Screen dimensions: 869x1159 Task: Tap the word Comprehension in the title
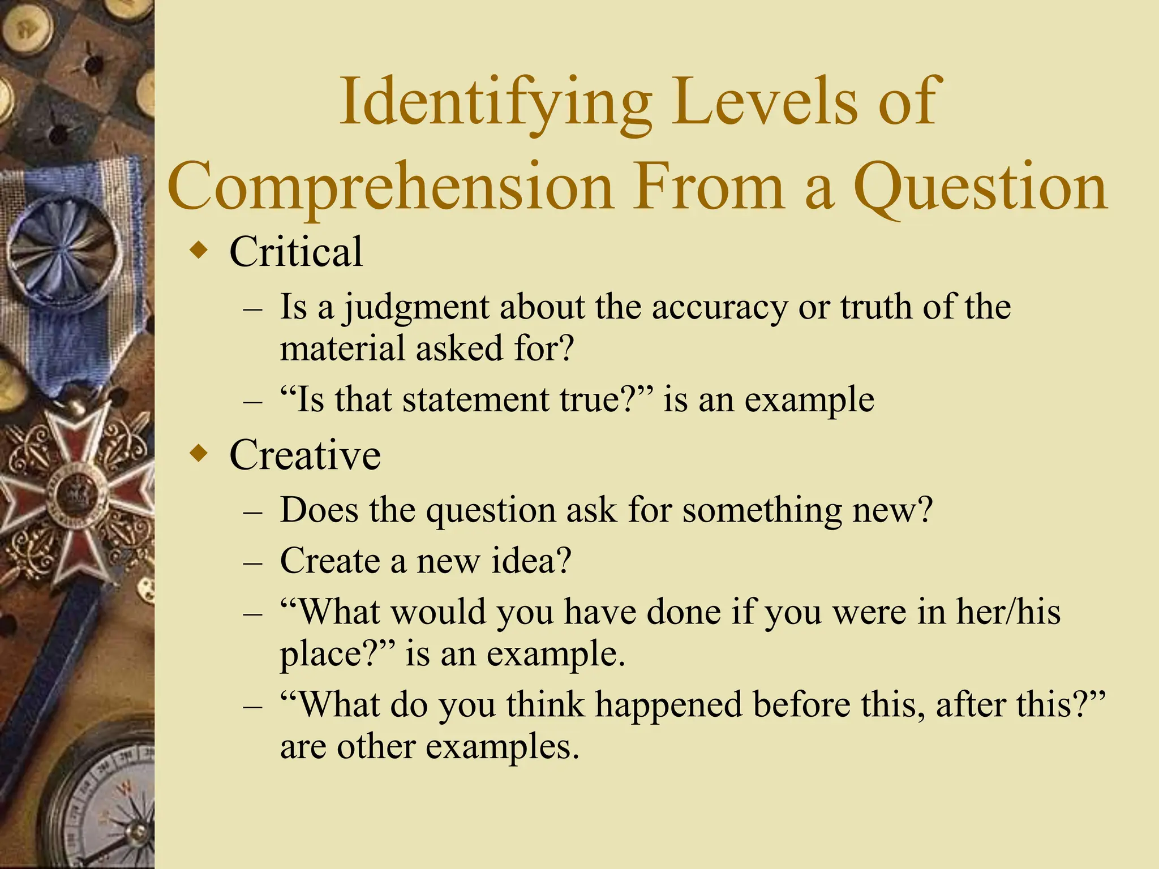(x=391, y=187)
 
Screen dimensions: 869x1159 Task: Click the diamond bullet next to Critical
(x=199, y=249)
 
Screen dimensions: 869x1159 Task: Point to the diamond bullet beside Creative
(x=199, y=453)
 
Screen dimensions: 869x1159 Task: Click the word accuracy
(x=719, y=308)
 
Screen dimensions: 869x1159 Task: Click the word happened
(x=668, y=705)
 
